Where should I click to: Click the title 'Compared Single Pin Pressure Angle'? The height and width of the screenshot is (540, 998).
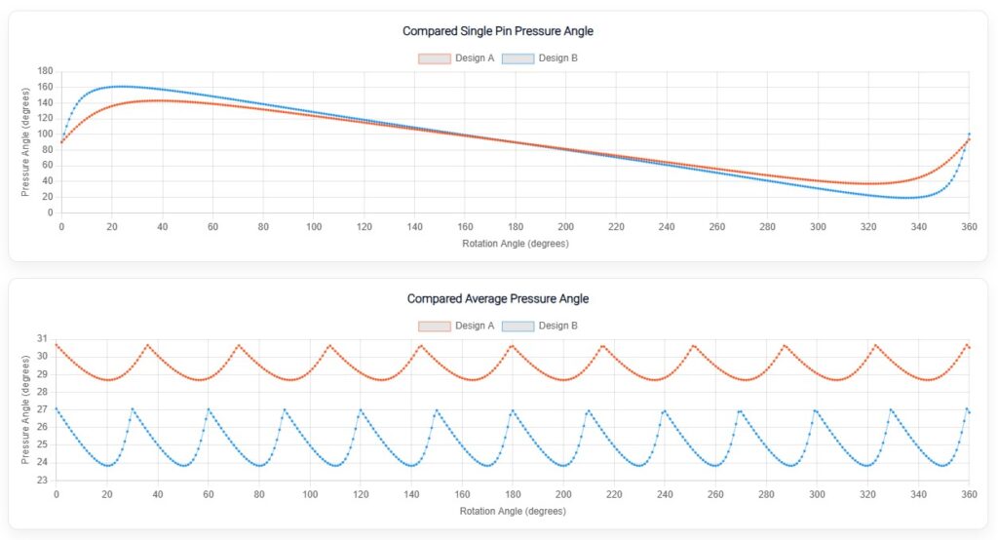point(498,31)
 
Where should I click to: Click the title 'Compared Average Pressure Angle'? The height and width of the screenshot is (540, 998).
point(498,298)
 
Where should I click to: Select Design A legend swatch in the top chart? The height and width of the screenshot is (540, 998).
point(434,58)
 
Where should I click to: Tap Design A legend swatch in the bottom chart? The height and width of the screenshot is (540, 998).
point(434,326)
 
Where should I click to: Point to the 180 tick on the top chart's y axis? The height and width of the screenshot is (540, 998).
point(45,71)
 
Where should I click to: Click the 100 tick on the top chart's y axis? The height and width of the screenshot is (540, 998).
point(45,135)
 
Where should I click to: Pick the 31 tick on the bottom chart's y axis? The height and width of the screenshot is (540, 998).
point(42,338)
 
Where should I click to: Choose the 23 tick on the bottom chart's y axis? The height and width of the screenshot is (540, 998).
point(42,481)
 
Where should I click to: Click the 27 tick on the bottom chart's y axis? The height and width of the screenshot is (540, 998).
point(42,409)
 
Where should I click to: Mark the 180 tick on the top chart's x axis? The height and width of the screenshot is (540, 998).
point(515,226)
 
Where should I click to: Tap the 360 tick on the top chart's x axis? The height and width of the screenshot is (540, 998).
point(969,226)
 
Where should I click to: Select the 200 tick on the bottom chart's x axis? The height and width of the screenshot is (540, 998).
point(563,494)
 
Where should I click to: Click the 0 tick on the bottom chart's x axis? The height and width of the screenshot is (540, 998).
point(57,494)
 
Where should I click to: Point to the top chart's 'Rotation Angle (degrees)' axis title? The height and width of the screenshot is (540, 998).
point(515,243)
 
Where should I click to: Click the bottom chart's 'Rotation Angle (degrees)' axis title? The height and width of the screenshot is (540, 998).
point(513,510)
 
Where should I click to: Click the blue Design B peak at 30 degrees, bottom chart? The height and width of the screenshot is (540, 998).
point(133,408)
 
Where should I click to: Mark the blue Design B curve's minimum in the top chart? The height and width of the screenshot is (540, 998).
point(908,198)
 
